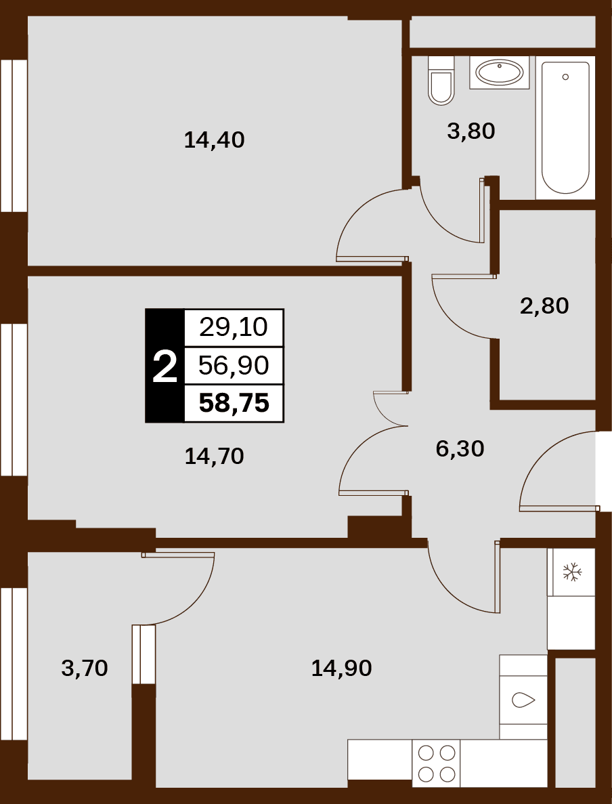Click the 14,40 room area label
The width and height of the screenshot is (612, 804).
pos(214,140)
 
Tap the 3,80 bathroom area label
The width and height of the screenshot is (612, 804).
pos(471,131)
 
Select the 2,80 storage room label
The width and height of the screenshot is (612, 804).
pos(544,306)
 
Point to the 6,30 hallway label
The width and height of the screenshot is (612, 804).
pos(460,448)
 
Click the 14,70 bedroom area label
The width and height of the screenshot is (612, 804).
pos(214,456)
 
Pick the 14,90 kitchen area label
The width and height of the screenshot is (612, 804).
pos(341,668)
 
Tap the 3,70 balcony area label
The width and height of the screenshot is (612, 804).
pos(85,668)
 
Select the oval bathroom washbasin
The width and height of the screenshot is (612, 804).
pos(499,72)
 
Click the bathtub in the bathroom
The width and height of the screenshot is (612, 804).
pos(565,127)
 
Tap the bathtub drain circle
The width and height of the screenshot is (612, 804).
pos(565,77)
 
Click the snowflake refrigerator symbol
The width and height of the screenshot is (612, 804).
pos(571,572)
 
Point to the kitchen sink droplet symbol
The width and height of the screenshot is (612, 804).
pos(523,700)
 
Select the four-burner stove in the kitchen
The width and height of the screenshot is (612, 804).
pos(436,763)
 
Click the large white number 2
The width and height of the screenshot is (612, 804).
pos(165,366)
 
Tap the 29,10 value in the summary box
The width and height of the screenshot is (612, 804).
pos(234,327)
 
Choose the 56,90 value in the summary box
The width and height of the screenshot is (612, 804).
pos(234,366)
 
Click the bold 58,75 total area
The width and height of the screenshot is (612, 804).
pos(234,403)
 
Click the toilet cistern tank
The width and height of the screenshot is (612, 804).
pos(441,64)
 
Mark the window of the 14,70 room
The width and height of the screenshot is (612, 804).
pos(14,400)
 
